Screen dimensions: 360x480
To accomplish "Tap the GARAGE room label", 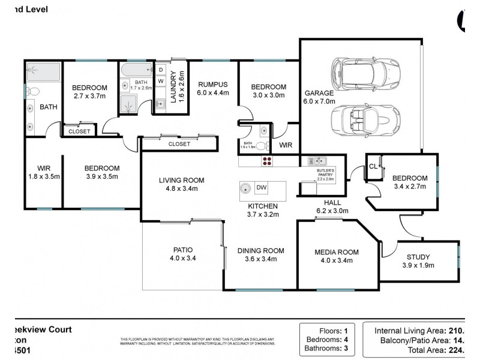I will tap(319, 94).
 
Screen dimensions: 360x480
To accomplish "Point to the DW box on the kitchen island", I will tap(262, 188).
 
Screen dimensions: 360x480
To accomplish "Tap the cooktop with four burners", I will tap(266, 161).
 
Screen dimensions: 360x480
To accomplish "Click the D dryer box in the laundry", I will tap(161, 70).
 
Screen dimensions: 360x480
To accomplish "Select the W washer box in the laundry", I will tap(161, 81).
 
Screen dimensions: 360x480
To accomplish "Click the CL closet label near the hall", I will tap(373, 166).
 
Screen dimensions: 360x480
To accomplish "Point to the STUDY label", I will tap(418, 257).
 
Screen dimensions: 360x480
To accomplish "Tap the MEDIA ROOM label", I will tap(337, 251).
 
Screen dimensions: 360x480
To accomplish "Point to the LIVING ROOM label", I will tap(182, 180).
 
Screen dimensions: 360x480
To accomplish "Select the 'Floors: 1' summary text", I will tap(330, 330).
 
